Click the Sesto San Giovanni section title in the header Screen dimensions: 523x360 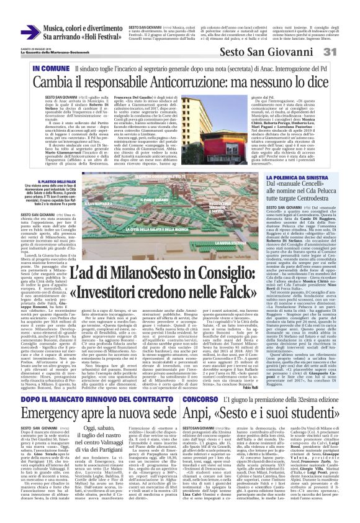pos(269,52)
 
